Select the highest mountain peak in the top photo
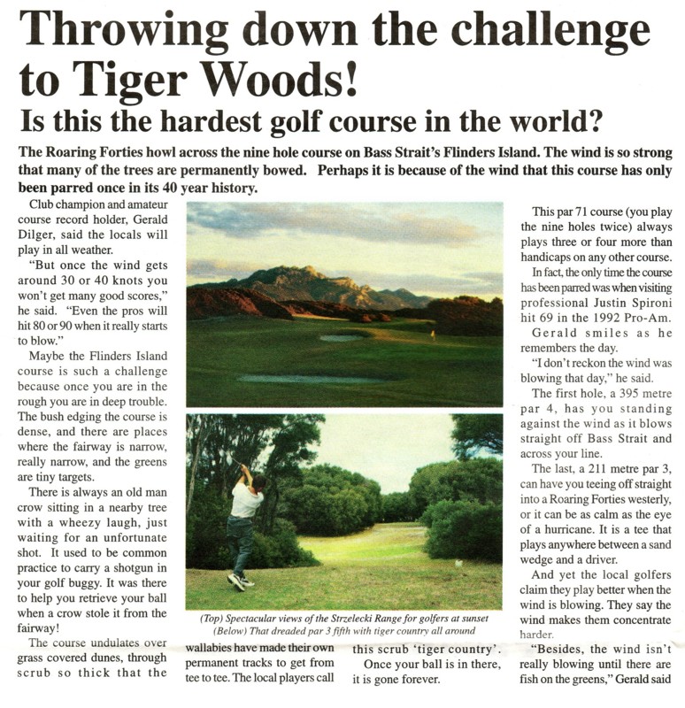(x=304, y=270)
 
